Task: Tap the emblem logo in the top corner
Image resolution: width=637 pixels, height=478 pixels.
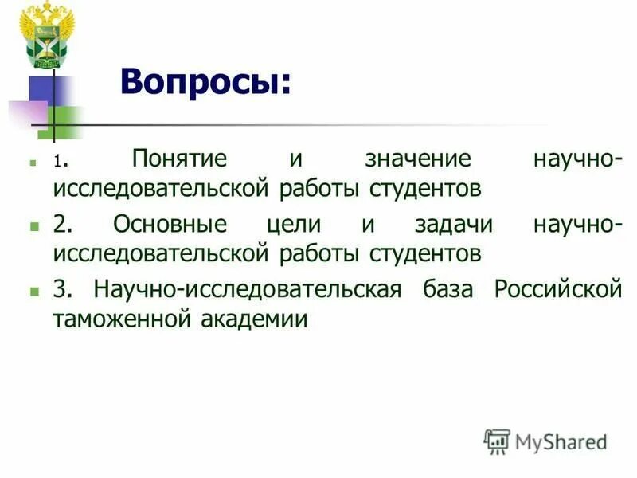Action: [46, 35]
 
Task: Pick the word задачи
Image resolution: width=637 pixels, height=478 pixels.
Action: [453, 225]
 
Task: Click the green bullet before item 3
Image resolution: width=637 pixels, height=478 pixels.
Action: [33, 292]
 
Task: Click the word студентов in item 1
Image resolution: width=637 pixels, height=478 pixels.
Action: [425, 189]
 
